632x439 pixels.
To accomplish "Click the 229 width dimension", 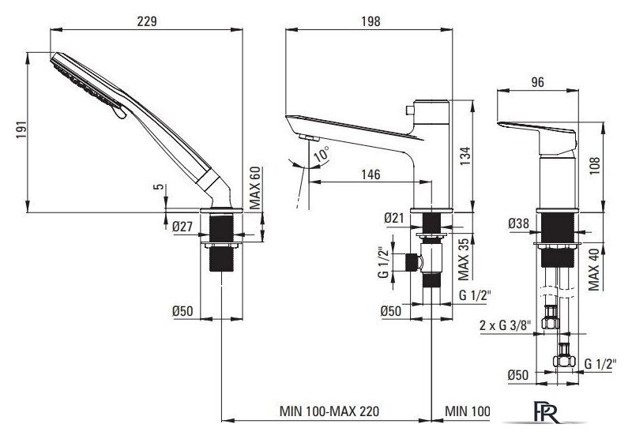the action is click(x=147, y=21).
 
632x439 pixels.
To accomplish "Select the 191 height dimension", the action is click(x=22, y=129).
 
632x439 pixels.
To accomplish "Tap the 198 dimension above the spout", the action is click(x=371, y=21).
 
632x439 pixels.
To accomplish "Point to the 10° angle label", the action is click(x=322, y=155).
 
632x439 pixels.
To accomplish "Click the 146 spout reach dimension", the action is click(x=371, y=174).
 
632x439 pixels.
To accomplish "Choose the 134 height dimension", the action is click(x=465, y=157).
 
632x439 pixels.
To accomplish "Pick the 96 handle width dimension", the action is click(x=537, y=82).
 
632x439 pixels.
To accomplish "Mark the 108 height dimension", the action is click(x=595, y=166).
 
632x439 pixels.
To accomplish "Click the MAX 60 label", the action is click(x=254, y=188).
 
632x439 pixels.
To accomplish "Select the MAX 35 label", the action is click(x=464, y=259).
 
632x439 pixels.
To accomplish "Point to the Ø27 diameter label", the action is click(x=182, y=227).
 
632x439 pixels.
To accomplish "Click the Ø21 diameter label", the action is click(x=393, y=218).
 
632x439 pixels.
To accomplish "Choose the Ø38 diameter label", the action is click(x=518, y=223).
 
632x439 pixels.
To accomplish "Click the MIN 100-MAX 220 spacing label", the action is click(x=329, y=411).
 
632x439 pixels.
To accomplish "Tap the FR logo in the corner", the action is click(x=546, y=411).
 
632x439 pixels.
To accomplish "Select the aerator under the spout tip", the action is click(x=310, y=138).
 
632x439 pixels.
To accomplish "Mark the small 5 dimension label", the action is click(x=160, y=186).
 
